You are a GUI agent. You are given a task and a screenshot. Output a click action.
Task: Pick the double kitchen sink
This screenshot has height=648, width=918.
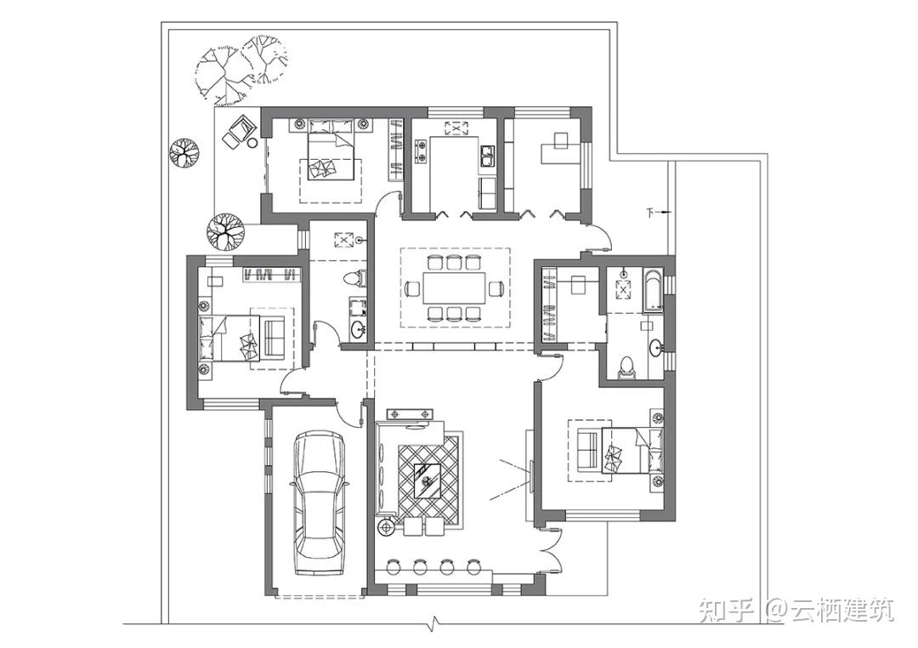coord(487,156)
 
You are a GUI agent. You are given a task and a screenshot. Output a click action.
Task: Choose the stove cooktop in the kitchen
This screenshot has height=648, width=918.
coord(421,151)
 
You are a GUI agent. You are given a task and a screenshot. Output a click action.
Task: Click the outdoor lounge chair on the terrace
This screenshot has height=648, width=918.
coord(239,131)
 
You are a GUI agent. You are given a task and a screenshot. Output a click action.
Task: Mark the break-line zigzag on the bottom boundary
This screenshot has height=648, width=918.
coord(433,621)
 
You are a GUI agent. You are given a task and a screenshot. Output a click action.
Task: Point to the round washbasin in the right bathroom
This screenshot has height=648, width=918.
coord(655,348)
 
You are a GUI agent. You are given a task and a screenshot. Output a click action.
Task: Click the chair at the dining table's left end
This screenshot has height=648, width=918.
coord(413,288)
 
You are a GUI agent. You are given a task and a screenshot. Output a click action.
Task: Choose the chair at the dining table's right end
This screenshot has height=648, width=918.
coord(496,288)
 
